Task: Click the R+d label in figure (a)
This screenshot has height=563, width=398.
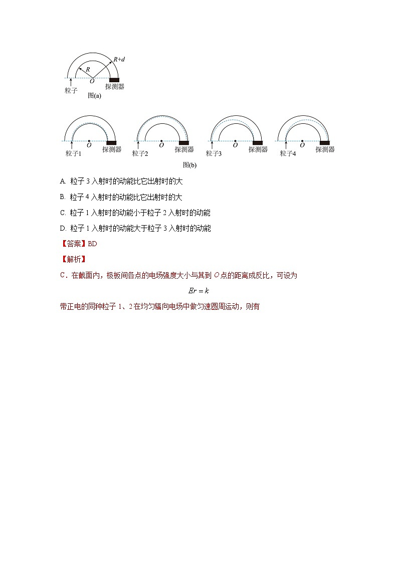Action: [119, 59]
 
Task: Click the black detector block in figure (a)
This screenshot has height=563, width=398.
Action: [114, 80]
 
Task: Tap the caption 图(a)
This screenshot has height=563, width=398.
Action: [94, 96]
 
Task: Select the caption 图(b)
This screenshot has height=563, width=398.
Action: [189, 165]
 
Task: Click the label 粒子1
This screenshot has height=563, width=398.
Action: [73, 153]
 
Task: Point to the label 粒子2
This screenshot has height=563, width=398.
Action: [140, 153]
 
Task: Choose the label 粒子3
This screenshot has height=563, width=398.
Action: [214, 153]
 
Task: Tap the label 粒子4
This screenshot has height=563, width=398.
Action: [288, 153]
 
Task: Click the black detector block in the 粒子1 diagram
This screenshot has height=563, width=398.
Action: [112, 143]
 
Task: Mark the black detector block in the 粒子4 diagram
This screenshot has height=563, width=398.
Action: [325, 143]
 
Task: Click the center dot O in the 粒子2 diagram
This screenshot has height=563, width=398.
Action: [161, 141]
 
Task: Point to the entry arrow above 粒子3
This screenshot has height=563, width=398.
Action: [212, 145]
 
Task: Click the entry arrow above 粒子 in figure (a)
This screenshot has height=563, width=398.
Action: [71, 82]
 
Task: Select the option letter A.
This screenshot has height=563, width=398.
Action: [63, 181]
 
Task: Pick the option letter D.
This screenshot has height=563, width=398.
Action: [63, 229]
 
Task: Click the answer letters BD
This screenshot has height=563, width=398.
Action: [92, 244]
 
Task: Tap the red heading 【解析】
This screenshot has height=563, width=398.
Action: [73, 259]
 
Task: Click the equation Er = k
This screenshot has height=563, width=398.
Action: [199, 291]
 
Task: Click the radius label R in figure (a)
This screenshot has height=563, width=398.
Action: [88, 69]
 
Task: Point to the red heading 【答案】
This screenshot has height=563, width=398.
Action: [73, 244]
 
